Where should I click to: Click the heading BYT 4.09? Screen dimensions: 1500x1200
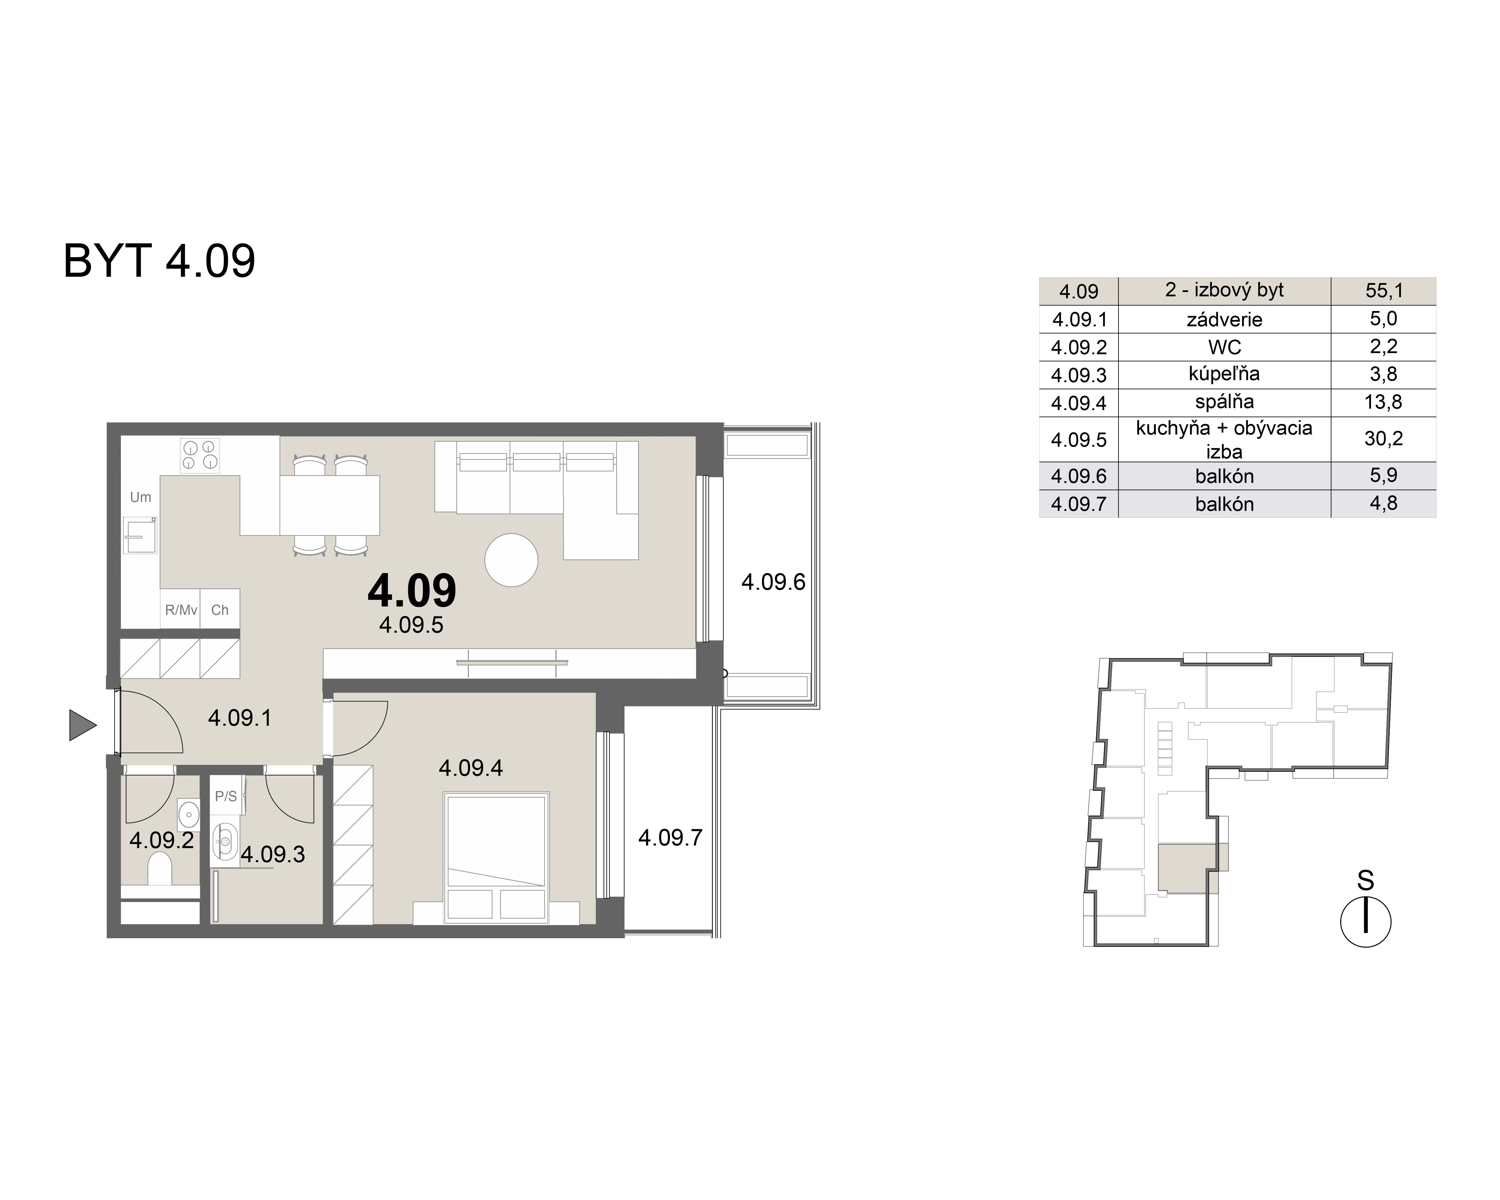click(159, 261)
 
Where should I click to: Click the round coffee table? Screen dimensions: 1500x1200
click(511, 560)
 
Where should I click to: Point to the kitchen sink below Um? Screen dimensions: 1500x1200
click(141, 535)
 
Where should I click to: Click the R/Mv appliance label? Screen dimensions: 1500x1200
click(181, 610)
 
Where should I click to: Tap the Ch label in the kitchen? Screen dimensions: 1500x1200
click(220, 610)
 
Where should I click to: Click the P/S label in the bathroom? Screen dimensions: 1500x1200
click(226, 797)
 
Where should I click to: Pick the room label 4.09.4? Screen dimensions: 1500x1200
click(471, 768)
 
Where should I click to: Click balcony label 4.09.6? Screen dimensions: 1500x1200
click(773, 581)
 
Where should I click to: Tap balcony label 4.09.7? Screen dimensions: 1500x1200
click(671, 837)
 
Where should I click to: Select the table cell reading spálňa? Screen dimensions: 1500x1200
click(1224, 402)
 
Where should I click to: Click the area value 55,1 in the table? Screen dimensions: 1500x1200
click(1384, 291)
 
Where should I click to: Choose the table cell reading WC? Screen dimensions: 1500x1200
click(1224, 346)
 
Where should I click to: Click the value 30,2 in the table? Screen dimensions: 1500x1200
click(1384, 438)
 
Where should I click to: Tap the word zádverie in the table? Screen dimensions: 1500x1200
click(1224, 319)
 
